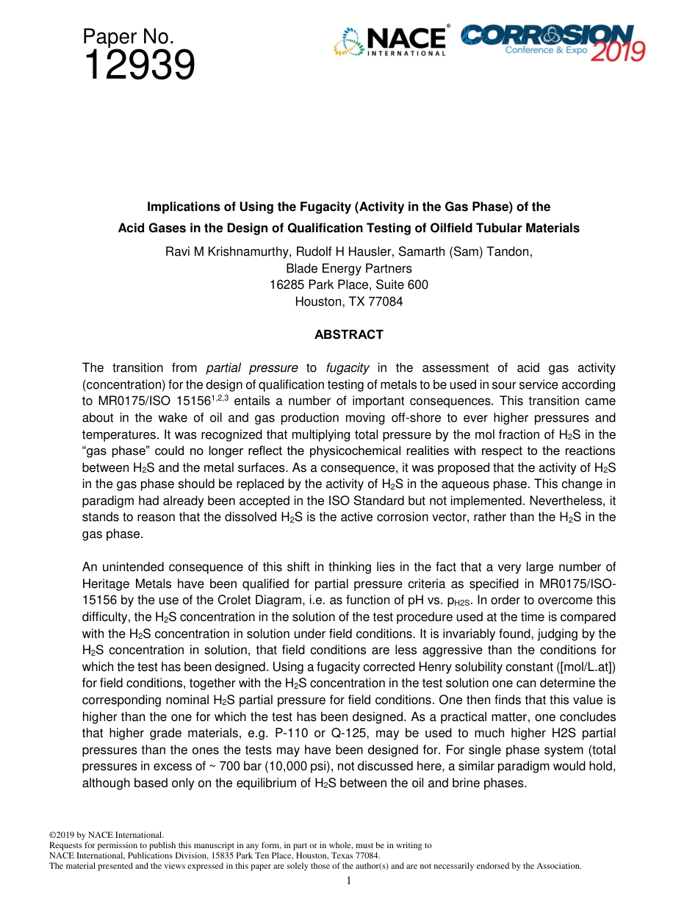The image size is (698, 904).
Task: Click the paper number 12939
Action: pos(139,66)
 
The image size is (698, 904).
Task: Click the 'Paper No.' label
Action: pos(128,37)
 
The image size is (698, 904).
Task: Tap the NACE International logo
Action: pos(390,41)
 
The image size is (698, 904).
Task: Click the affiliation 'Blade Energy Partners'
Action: pos(349,268)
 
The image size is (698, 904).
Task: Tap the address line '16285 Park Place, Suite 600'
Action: pos(349,284)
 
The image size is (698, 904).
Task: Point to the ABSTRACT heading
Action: pos(349,334)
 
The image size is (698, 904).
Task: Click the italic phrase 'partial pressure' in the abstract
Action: pos(252,367)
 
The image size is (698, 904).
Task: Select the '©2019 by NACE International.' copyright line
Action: pos(106,835)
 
